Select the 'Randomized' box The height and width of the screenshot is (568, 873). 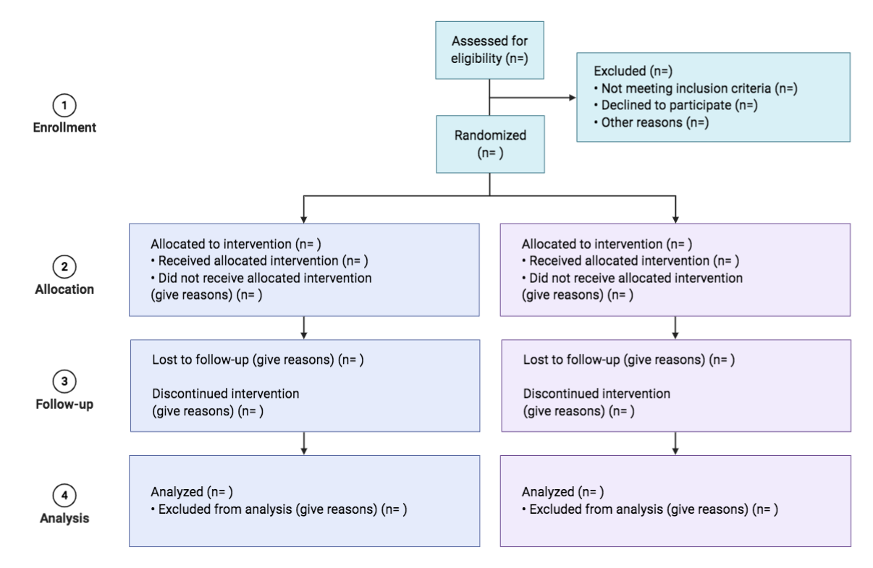click(x=490, y=144)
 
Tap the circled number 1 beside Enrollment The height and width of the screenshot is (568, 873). click(x=65, y=106)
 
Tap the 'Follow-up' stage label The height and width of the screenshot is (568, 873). click(x=65, y=404)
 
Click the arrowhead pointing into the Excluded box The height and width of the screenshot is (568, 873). click(x=571, y=97)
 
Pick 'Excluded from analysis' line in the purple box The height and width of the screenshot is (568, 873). click(x=649, y=509)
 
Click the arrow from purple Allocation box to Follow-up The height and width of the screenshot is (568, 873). click(x=675, y=328)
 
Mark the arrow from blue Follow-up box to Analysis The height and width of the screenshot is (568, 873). click(x=304, y=442)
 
